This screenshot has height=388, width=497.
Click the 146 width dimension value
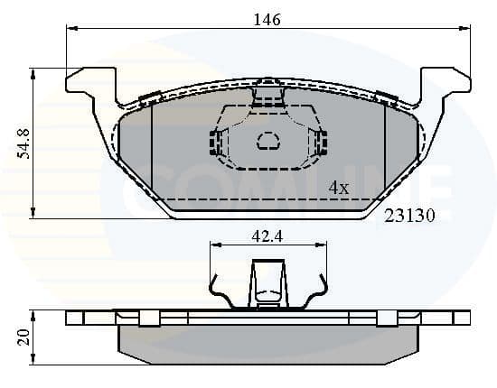coord(267,18)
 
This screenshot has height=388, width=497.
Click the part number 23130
coord(410,217)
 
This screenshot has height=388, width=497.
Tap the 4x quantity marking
coord(338,188)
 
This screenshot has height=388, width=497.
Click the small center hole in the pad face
coord(268,141)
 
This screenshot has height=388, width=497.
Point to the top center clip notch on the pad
coord(267,91)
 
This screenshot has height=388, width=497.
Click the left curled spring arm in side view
coord(220,290)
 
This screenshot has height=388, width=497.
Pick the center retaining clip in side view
coord(267,282)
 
